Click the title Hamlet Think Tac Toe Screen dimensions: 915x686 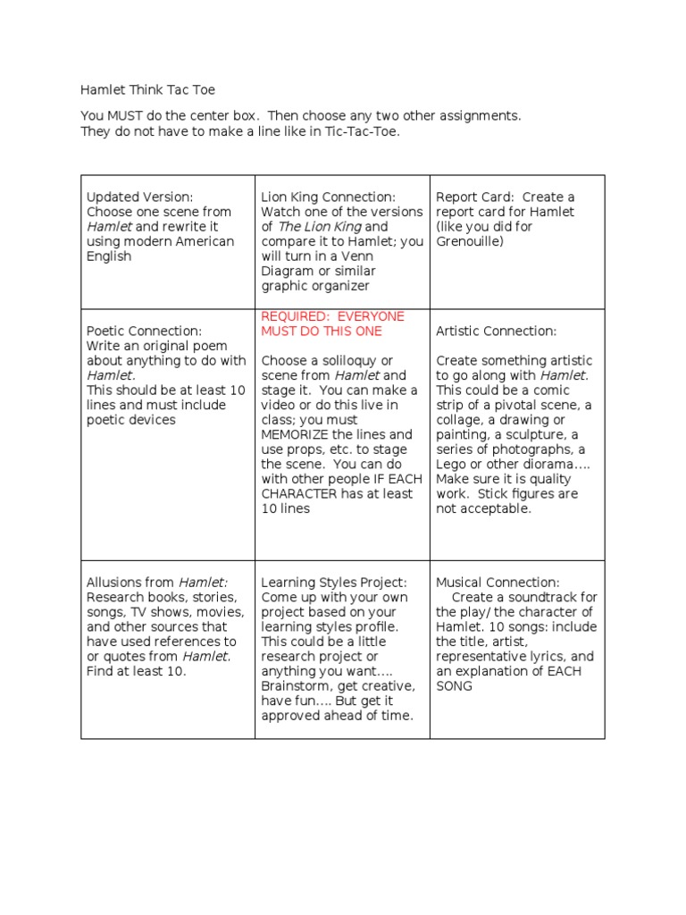(147, 90)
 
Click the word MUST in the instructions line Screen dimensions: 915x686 (125, 116)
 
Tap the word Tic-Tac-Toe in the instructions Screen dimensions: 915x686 (363, 131)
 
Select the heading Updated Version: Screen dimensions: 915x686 (139, 197)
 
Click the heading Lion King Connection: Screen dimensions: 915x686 (328, 197)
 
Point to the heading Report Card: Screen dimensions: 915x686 (474, 197)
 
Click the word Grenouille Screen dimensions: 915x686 (470, 241)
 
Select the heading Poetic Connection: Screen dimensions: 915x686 (144, 331)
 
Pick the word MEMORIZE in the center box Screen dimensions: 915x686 (298, 434)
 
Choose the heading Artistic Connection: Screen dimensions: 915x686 (496, 331)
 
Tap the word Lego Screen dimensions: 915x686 (452, 464)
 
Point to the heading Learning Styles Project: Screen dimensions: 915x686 (333, 583)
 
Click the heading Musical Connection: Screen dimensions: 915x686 (498, 583)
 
